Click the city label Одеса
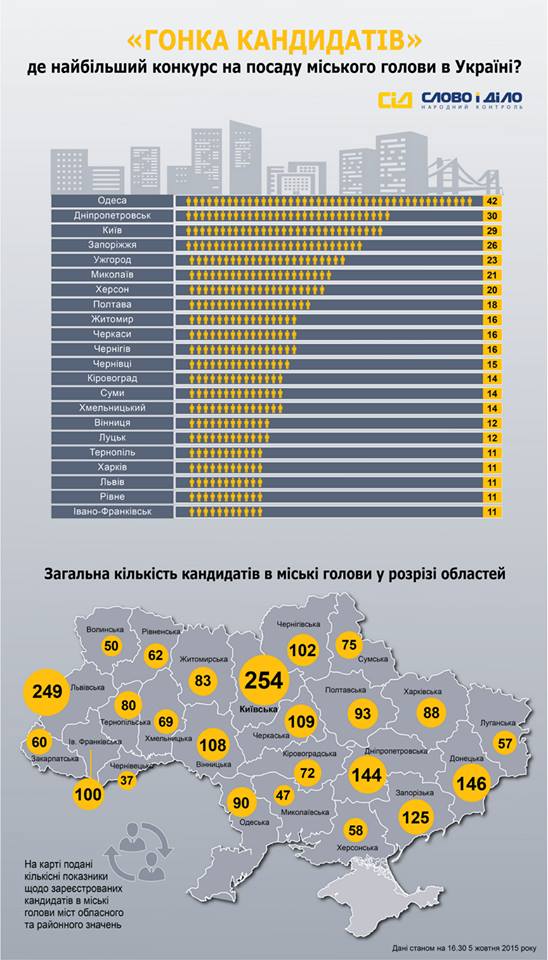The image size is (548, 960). (x=112, y=201)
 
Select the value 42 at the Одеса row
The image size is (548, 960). (x=491, y=201)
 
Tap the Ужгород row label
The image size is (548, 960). (x=112, y=260)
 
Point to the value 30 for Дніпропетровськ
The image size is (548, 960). (x=491, y=216)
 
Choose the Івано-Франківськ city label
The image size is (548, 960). (x=112, y=511)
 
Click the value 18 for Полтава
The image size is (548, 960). (x=491, y=305)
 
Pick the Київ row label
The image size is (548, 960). (x=112, y=231)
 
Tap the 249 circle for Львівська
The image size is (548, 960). (x=47, y=692)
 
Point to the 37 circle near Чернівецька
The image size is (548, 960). (x=126, y=781)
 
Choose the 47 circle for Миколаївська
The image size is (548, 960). (x=283, y=796)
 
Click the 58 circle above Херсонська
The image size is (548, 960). (x=355, y=830)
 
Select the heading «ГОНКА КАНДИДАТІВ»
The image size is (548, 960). (x=274, y=44)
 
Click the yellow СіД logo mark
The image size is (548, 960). (x=395, y=100)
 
